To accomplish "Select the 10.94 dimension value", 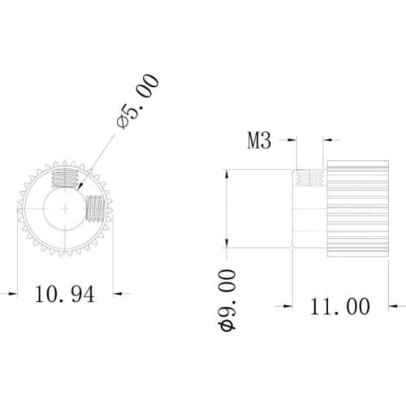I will coord(64,294).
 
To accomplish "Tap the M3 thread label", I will coord(258,141).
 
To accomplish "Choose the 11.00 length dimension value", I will coord(339,306).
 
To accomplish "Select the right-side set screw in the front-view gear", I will coord(96,209).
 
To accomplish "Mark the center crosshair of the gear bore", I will coord(63,210).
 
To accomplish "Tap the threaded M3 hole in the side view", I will coord(309,178).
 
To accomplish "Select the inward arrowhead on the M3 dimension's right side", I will coord(328,141).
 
